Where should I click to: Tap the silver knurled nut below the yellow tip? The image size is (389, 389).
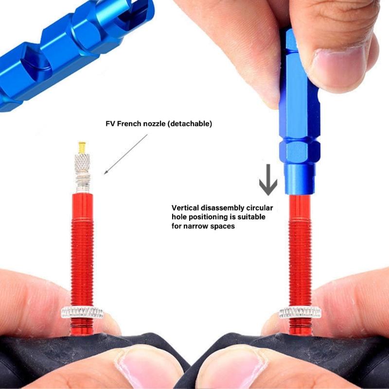tap(82, 161)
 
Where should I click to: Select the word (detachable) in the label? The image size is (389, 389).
tap(188, 124)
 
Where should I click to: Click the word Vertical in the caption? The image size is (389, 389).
tap(186, 207)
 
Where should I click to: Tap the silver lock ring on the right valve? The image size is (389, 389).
tap(299, 312)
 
